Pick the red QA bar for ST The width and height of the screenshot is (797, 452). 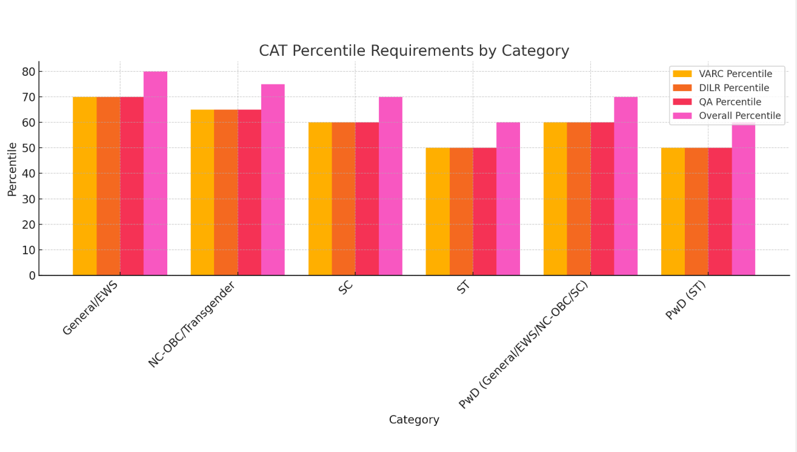tap(485, 212)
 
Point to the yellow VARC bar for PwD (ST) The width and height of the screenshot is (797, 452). tap(673, 212)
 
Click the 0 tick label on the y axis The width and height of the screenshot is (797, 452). tap(32, 275)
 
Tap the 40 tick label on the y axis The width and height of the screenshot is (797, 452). tap(28, 174)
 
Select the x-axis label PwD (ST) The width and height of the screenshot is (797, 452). tap(685, 302)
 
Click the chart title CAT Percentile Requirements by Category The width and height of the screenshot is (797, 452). tap(414, 51)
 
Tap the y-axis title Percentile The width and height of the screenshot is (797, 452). tap(12, 169)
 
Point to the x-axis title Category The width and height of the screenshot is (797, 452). tap(414, 420)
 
